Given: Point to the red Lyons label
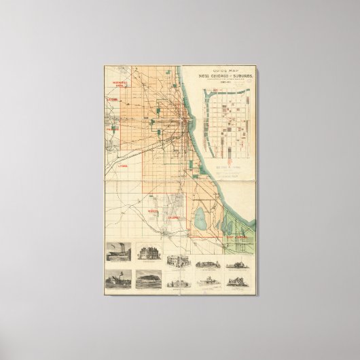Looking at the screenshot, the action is [x=122, y=164].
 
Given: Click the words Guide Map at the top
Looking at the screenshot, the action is [x=212, y=70].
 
